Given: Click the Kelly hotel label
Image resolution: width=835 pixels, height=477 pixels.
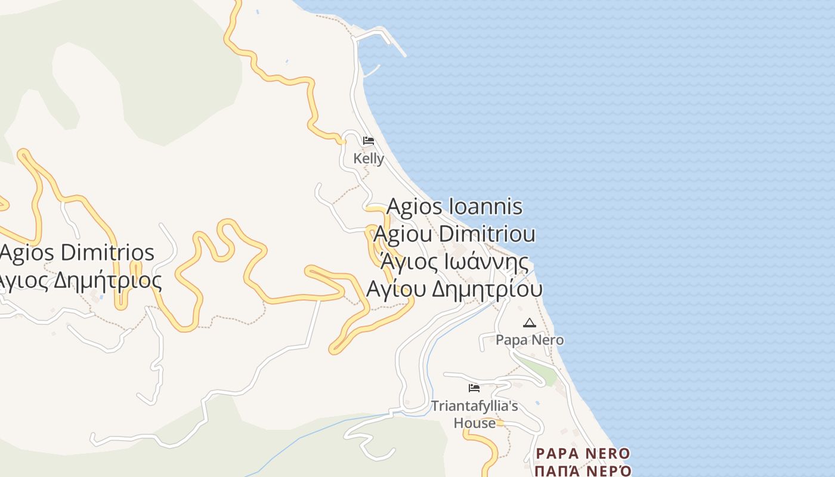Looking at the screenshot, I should pos(369,159).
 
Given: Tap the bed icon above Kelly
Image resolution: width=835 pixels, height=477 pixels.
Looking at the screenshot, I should pos(369,141).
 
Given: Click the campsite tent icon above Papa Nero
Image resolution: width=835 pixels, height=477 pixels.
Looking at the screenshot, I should pos(529,323).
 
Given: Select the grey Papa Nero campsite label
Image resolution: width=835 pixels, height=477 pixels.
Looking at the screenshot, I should pos(530,340).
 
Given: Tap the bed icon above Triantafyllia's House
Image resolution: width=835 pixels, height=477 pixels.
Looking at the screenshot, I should pos(474,388).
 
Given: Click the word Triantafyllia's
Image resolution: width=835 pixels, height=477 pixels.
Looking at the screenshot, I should pos(474,406).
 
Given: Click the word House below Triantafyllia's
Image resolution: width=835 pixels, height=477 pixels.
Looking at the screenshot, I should pos(474,423).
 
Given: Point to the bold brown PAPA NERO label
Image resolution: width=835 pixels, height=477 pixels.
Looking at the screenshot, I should pos(583,453).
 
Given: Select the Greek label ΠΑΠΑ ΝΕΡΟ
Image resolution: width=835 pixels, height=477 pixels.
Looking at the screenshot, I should pos(583,471).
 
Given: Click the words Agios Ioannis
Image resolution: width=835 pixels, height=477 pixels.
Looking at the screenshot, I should pos(454,207).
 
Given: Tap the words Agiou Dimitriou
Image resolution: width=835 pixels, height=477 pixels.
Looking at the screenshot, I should pos(454,234).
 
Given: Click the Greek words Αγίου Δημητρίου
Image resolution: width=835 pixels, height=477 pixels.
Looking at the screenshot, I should pos(454,289).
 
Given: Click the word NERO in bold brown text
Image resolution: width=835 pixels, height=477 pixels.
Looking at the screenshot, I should pos(607,453).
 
